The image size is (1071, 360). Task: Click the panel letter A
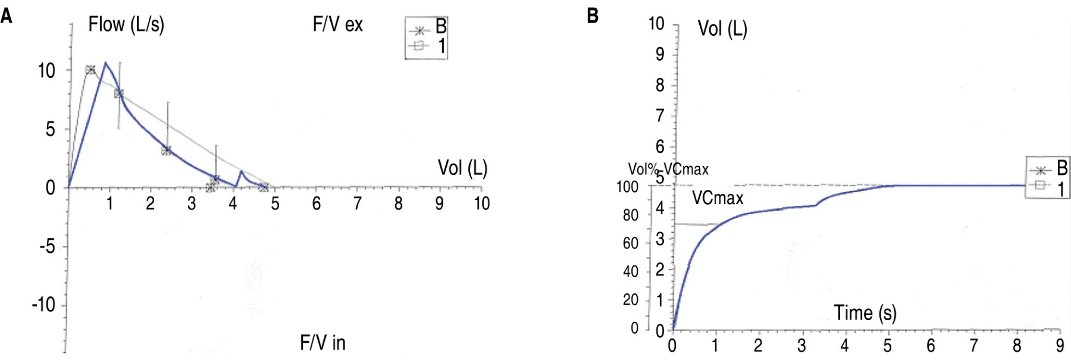pos(7,15)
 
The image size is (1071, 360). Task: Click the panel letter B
pos(593,15)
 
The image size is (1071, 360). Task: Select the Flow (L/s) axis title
pos(126,25)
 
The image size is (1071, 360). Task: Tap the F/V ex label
pos(337,25)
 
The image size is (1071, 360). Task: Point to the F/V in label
pos(322,343)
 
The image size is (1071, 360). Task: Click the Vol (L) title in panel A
pos(462,168)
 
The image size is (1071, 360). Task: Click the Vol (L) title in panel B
pos(722,29)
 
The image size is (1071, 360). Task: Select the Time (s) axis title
pos(865,313)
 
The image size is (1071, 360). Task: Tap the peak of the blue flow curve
pos(105,62)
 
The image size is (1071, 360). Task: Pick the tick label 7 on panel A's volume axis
pos(357,204)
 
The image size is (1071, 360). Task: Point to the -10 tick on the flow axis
pos(43,305)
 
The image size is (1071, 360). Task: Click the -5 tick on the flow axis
pos(46,246)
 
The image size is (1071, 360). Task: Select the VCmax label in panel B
pos(718,198)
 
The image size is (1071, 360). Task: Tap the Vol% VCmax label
pos(668,170)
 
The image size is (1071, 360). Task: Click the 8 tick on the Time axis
pos(1017,346)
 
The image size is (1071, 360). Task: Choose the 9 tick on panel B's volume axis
pos(659,55)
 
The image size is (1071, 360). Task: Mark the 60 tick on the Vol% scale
pos(630,243)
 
